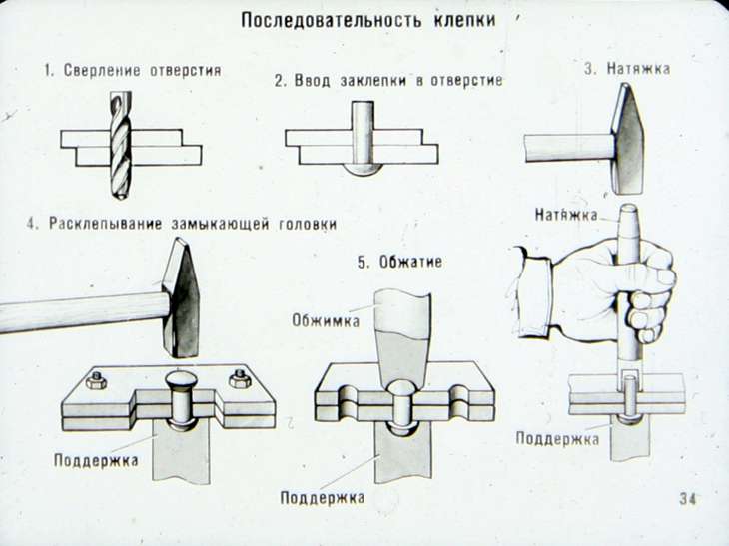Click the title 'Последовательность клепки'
tap(367, 21)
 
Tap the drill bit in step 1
tap(120, 146)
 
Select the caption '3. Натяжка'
tap(627, 70)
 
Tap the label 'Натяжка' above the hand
tap(565, 215)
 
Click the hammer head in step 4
tap(181, 300)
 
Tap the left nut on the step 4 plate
tap(97, 378)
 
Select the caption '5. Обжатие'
tap(399, 264)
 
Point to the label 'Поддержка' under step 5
tap(322, 496)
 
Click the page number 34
tap(687, 499)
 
